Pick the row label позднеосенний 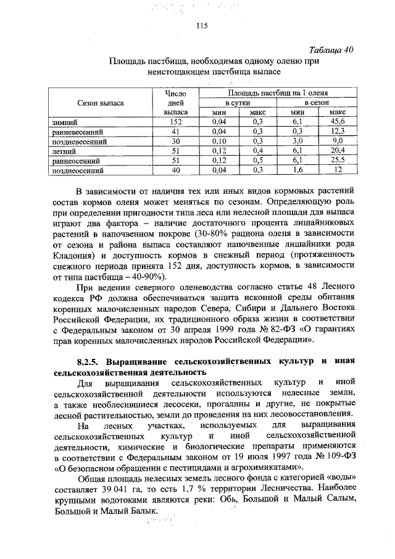coord(78,169)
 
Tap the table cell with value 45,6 coord(337,123)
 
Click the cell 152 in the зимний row coord(174,123)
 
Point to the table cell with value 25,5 coord(337,159)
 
